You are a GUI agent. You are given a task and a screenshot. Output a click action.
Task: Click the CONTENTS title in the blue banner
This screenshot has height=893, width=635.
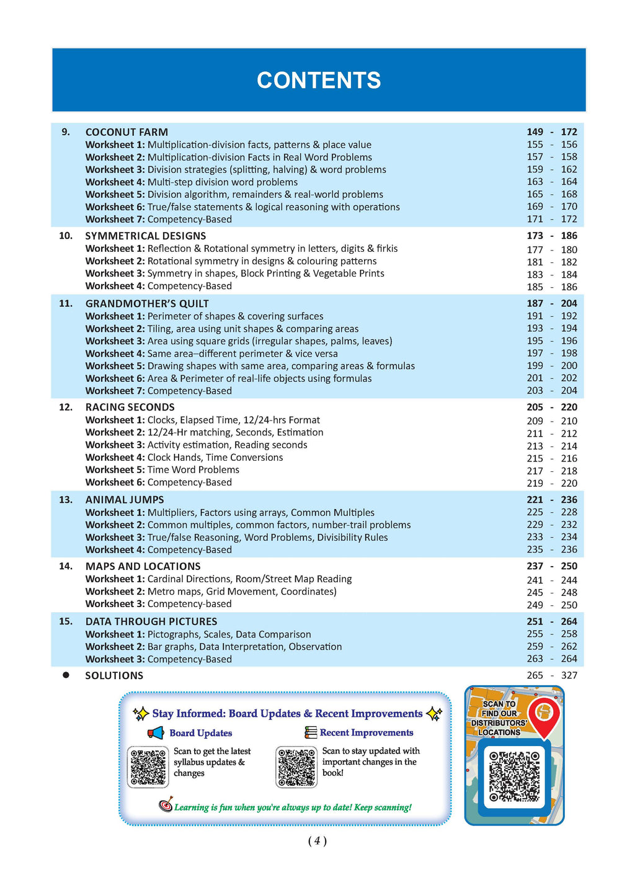pos(319,81)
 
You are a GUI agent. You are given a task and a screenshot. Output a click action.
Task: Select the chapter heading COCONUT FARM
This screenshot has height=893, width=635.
pos(127,132)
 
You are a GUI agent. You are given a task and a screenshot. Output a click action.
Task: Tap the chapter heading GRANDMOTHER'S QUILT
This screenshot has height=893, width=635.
pos(147,304)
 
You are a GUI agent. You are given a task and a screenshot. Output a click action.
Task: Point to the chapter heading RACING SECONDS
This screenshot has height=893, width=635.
pos(130,407)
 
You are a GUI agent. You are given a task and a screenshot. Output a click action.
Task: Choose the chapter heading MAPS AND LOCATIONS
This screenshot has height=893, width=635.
pos(143,567)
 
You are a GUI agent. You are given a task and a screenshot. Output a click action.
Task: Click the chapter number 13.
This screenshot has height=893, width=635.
pos(66,500)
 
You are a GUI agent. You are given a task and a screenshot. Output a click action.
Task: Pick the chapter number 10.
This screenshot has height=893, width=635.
pos(66,236)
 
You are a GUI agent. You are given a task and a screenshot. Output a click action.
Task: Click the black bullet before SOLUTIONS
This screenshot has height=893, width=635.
pos(66,675)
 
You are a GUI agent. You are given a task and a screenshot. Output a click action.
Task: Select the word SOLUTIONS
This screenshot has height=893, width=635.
pos(114,676)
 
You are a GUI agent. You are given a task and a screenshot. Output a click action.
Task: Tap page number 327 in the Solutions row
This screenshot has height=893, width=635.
pos(569,675)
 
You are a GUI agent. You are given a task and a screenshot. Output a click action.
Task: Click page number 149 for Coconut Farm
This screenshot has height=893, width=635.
pos(535,132)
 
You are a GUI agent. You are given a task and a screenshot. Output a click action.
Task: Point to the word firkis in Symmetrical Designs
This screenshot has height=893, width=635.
pos(387,249)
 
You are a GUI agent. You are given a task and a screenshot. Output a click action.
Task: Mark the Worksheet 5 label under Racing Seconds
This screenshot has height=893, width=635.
pos(115,470)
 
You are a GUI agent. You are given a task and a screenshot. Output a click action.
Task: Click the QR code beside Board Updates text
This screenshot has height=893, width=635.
pos(148,767)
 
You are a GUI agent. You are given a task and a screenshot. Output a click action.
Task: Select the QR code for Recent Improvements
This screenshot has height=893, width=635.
pos(296,767)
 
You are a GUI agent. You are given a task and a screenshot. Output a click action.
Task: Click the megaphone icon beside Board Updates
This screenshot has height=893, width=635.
pos(156,733)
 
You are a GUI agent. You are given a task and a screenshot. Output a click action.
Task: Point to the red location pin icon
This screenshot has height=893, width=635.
pos(544,716)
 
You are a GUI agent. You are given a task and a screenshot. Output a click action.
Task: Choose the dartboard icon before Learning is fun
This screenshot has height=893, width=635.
pos(166,806)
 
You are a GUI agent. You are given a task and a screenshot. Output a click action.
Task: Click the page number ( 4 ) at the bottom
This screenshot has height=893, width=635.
pos(317,842)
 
